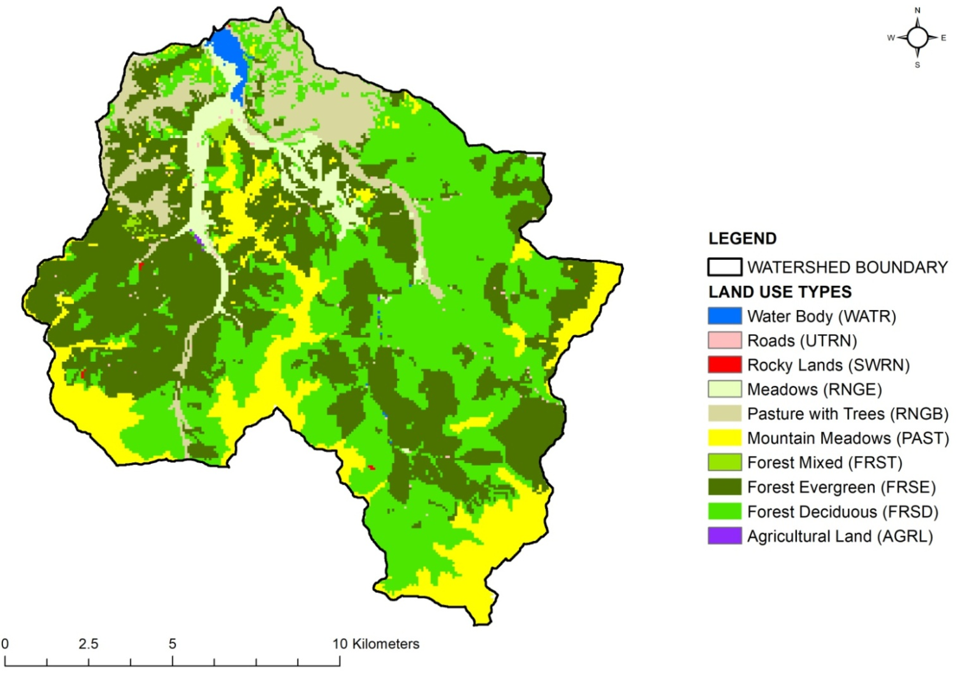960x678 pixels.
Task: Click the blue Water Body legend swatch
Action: [724, 316]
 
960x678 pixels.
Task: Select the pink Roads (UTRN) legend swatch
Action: [724, 340]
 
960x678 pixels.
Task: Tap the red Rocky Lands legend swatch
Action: [724, 364]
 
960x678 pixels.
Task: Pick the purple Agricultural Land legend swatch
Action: [724, 536]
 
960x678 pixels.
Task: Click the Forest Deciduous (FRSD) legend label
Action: [842, 512]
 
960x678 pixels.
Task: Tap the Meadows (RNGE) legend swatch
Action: [724, 389]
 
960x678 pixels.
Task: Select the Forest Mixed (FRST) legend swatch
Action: [724, 462]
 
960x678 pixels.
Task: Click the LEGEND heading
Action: [743, 239]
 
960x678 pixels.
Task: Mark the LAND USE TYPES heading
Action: [780, 292]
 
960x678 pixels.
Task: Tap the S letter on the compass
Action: [917, 65]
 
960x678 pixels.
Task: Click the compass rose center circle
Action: [917, 38]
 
